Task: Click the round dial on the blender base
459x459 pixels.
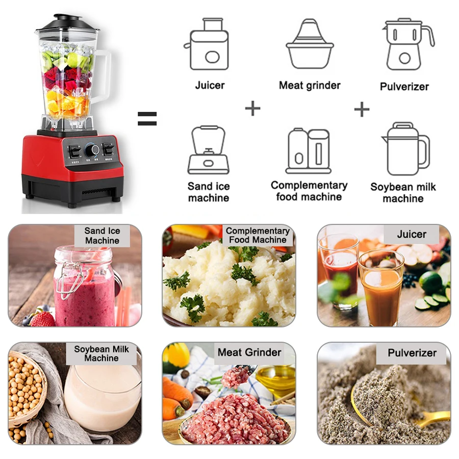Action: tap(92, 150)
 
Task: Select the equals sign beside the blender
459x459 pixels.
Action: tap(147, 119)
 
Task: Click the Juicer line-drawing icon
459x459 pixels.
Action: tap(209, 45)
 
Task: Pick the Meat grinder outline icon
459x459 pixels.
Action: tap(309, 45)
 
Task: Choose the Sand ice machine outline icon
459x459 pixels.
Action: tap(208, 150)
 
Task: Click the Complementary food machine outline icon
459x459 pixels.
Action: tap(308, 151)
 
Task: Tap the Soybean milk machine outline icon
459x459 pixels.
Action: tap(404, 149)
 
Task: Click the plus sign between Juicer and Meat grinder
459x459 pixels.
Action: tap(252, 108)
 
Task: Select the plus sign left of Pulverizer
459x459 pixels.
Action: tap(362, 109)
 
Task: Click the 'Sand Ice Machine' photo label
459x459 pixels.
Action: tap(102, 236)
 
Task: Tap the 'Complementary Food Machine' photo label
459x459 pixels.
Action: tap(258, 235)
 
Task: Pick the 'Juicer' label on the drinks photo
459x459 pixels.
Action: tap(411, 235)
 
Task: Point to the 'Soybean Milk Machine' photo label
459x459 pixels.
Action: tap(101, 353)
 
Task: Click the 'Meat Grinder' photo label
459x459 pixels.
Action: tap(249, 352)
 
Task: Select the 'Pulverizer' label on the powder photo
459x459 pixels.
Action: tap(412, 353)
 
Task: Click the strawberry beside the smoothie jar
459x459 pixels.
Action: tap(43, 318)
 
